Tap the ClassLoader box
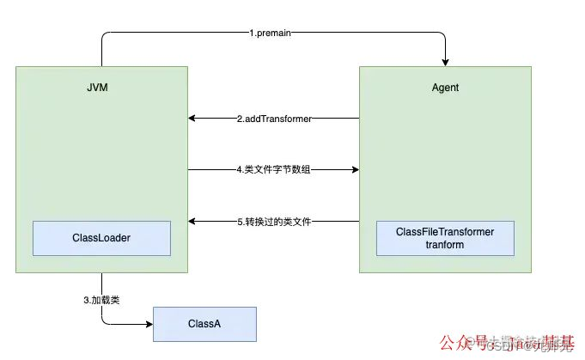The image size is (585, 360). click(x=101, y=238)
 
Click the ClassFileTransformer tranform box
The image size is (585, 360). click(x=445, y=238)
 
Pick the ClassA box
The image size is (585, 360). click(x=204, y=324)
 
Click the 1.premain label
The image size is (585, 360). click(x=273, y=34)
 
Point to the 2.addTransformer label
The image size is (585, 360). click(x=273, y=119)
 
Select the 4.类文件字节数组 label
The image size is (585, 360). click(x=273, y=170)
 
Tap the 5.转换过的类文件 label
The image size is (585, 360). click(x=273, y=222)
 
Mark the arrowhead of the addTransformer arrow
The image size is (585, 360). click(x=193, y=119)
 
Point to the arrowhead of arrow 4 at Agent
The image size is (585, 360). click(x=354, y=170)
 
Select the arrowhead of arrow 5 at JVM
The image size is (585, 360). click(x=193, y=222)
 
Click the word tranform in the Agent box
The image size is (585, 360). click(x=445, y=245)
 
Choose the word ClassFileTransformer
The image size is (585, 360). click(x=445, y=232)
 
